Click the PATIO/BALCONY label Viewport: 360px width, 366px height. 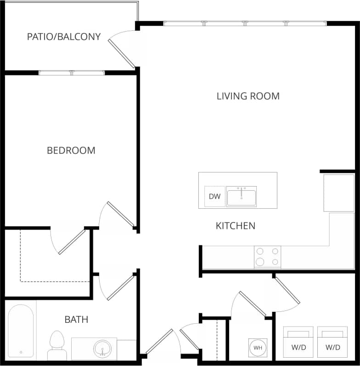[x=64, y=37]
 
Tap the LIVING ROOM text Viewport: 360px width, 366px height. [x=248, y=96]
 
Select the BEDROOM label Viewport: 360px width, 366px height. [x=71, y=150]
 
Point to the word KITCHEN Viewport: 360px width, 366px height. [x=236, y=226]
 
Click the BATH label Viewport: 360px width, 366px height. [x=76, y=319]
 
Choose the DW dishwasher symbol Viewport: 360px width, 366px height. [x=215, y=196]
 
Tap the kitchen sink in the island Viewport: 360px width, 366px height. [x=241, y=196]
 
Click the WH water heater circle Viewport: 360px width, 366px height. [x=258, y=348]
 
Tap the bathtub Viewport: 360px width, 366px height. [x=21, y=331]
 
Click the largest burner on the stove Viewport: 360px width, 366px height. [x=260, y=262]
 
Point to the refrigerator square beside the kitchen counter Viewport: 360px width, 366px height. [x=339, y=193]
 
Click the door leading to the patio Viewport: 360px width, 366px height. [x=122, y=53]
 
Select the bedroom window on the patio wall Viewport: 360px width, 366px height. [x=72, y=72]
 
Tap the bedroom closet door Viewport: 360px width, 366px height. [x=72, y=242]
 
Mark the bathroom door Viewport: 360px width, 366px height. [x=120, y=288]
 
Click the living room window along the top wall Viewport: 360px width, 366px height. [x=245, y=23]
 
